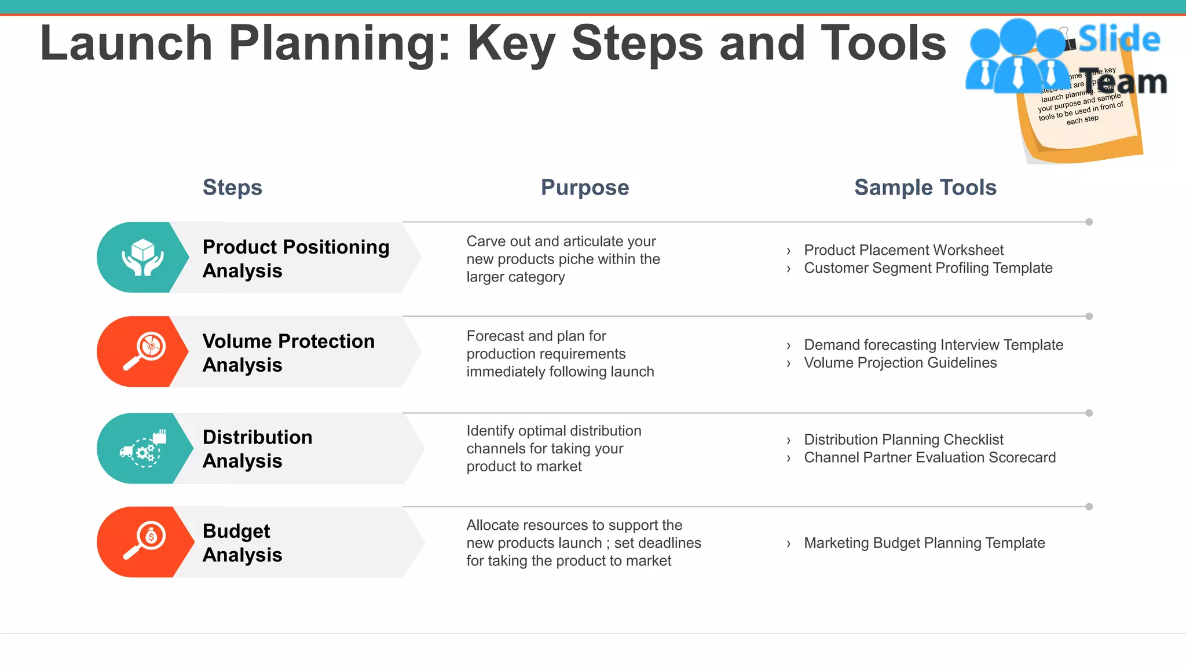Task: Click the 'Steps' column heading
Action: (x=232, y=188)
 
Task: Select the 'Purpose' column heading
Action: (x=584, y=188)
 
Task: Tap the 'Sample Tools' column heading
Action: (x=925, y=188)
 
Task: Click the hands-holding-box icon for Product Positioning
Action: (x=142, y=258)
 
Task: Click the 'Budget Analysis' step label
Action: (x=242, y=543)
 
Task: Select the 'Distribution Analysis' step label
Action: (x=257, y=449)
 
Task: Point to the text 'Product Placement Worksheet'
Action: (x=903, y=250)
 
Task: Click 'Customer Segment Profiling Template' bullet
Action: (x=928, y=268)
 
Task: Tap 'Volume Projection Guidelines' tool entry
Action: (x=900, y=363)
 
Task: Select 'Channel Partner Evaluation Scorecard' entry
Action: (x=929, y=457)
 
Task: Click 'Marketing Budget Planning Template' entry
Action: (x=924, y=543)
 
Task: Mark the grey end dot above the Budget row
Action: (x=1089, y=507)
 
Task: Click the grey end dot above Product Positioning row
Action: (x=1089, y=222)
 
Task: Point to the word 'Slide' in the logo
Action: (x=1119, y=39)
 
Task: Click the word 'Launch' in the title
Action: (x=126, y=43)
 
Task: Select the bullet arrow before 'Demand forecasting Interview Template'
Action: (x=788, y=346)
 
